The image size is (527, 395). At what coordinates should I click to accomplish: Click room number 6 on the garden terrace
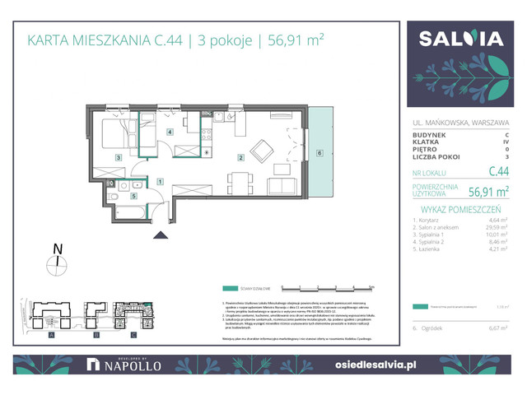point(319,151)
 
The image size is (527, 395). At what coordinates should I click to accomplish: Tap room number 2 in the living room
point(240,157)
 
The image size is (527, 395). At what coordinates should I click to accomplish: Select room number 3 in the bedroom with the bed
point(119,157)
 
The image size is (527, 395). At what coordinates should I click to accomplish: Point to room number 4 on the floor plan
point(170,132)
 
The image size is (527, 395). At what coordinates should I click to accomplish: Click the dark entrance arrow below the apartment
point(159,235)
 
